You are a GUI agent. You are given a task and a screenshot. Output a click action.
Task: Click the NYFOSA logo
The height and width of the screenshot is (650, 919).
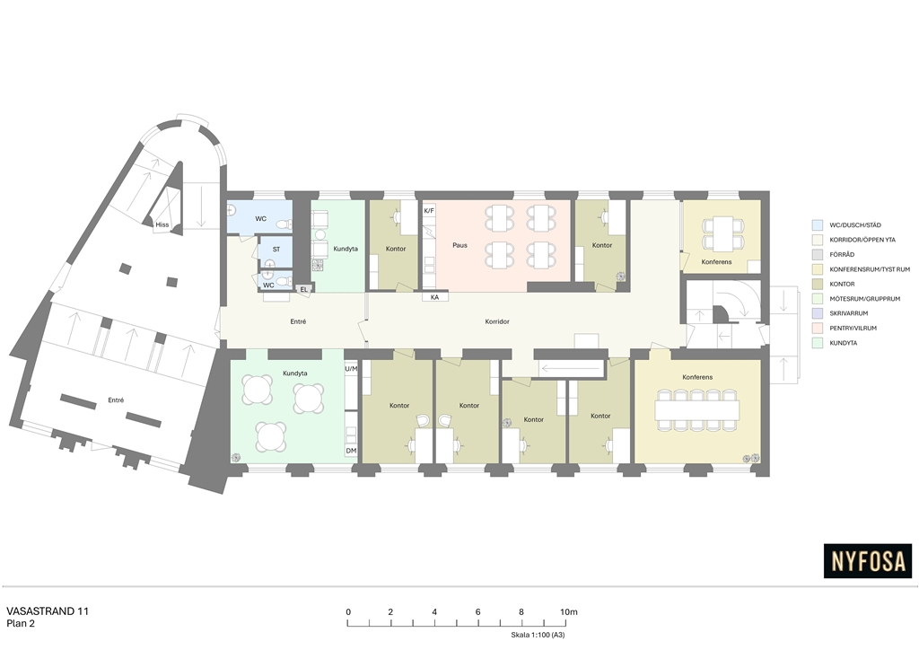868,561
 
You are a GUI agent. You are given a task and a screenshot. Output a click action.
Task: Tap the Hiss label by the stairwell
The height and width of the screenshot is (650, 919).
162,224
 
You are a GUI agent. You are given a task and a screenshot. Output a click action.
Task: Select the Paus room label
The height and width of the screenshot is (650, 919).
460,245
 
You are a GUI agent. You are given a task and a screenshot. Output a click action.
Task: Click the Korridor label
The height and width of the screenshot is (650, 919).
497,321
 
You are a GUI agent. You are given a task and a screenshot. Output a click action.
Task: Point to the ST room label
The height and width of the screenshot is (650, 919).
276,249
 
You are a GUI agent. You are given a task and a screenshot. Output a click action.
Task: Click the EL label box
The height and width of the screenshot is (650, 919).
303,290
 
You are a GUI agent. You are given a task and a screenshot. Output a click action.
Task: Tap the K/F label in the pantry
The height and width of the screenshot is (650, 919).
429,211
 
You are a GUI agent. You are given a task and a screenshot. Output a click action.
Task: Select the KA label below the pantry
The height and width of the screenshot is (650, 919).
435,297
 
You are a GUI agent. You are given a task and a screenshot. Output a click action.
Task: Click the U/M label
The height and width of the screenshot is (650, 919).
351,369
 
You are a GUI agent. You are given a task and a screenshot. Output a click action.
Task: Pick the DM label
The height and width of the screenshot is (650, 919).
351,451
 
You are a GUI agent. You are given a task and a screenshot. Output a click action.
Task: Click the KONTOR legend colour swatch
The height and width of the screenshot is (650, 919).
817,284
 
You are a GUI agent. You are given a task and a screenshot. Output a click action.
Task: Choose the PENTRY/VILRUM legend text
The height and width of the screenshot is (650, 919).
853,329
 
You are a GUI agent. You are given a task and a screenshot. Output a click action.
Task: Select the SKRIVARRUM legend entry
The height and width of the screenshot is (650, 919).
849,313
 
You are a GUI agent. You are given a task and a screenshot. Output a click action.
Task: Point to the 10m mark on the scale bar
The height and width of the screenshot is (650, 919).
568,612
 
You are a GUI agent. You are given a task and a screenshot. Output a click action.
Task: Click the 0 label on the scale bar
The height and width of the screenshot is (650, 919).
348,612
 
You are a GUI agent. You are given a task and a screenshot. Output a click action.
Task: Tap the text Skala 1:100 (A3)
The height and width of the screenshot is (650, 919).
538,635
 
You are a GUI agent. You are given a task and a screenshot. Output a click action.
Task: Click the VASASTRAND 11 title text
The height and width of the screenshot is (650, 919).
48,611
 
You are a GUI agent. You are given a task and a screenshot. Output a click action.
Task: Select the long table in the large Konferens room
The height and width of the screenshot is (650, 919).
696,410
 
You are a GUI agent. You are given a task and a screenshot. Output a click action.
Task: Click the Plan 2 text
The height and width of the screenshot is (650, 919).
21,624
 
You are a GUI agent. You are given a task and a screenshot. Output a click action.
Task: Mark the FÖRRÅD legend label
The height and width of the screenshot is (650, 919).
842,254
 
